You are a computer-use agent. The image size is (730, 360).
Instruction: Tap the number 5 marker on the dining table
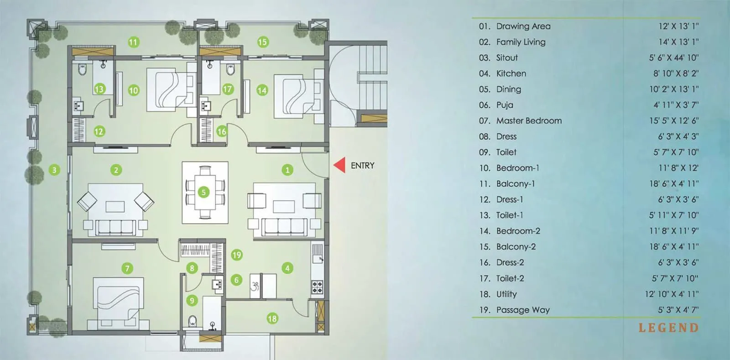point(204,192)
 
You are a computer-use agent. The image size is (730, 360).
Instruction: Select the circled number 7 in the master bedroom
point(127,268)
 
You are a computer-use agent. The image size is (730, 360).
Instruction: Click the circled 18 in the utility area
point(272,318)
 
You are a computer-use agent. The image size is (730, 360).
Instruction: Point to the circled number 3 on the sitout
point(54,170)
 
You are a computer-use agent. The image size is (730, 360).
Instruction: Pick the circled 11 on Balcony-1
point(133,42)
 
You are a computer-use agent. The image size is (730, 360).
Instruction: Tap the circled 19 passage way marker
point(236,255)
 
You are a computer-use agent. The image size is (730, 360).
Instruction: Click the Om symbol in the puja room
point(255,286)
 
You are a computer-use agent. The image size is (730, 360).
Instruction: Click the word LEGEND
point(668,328)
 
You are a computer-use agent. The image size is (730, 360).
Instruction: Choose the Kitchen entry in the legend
point(511,73)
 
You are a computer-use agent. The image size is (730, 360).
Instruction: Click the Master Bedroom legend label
point(529,121)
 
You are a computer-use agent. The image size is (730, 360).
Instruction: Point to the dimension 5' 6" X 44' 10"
point(673,58)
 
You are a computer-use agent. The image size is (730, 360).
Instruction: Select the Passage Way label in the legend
point(523,310)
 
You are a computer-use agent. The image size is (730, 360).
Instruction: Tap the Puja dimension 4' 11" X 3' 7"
point(676,105)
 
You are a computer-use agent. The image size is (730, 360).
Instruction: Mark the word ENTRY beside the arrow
point(362,166)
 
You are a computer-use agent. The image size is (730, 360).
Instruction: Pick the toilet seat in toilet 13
point(83,70)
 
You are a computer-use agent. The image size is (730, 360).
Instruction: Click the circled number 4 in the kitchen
point(287,268)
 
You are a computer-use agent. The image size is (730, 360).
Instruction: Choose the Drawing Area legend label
point(523,26)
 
